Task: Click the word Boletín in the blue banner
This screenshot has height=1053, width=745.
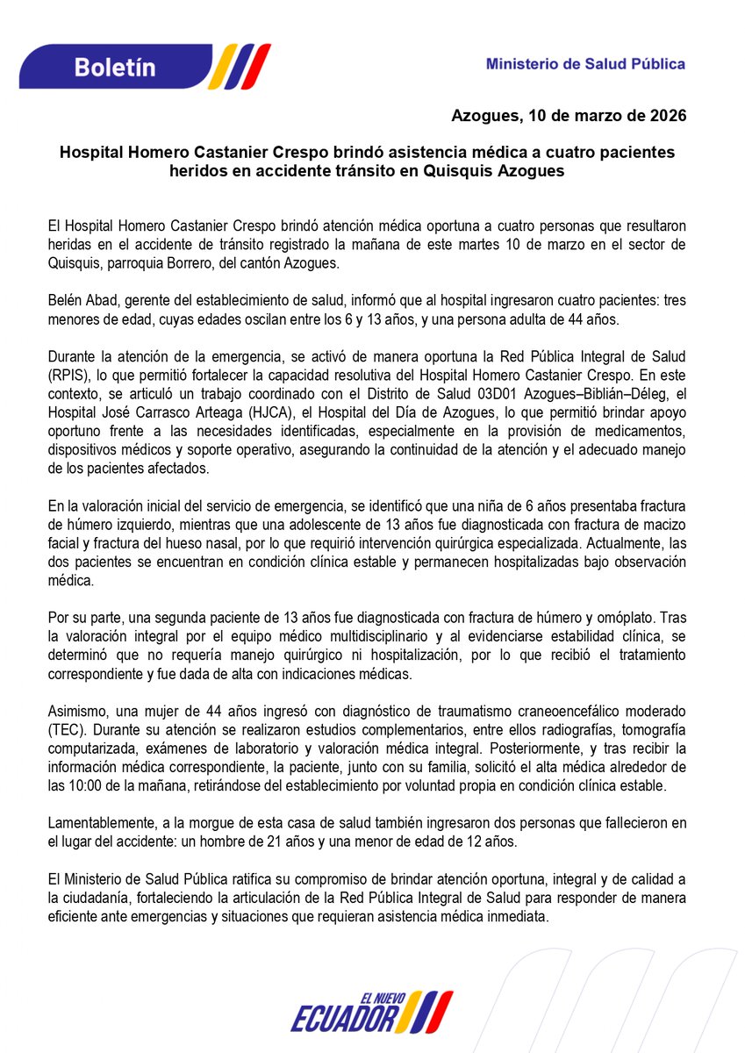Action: [x=114, y=67]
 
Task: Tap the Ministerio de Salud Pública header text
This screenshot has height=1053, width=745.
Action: [x=585, y=64]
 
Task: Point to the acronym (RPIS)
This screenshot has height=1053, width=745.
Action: [x=68, y=373]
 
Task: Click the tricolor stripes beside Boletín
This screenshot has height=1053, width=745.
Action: [x=242, y=67]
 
